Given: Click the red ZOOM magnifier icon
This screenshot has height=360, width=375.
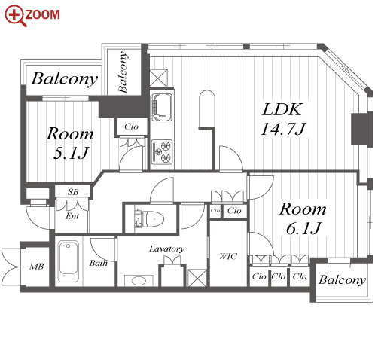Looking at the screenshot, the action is (15, 16).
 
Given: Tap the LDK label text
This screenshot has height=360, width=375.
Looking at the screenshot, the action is (282, 109).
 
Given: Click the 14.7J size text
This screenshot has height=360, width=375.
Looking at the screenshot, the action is (283, 129).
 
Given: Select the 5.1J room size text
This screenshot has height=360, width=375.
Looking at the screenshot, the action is (71, 153).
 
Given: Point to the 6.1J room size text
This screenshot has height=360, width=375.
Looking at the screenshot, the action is (303, 228).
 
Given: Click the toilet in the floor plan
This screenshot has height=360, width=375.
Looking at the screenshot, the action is (149, 218).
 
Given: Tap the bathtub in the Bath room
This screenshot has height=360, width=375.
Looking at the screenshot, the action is (68, 261).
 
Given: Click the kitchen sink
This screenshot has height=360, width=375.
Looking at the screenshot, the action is (162, 107).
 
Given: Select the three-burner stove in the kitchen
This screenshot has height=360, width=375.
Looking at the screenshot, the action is (163, 152).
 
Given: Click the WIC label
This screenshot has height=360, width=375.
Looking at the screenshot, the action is (228, 256).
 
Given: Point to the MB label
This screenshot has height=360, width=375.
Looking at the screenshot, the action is (36, 267).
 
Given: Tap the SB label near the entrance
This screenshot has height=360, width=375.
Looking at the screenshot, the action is (73, 192).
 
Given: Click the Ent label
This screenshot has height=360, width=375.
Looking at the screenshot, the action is (72, 216).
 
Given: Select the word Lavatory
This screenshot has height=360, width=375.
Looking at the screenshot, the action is (166, 249).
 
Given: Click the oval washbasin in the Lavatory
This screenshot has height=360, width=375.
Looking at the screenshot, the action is (139, 281).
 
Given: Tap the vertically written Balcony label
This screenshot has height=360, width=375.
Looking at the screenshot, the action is (123, 72).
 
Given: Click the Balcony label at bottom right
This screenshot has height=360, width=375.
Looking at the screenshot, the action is (343, 280).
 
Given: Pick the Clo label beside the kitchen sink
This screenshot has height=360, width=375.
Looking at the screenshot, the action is (131, 127).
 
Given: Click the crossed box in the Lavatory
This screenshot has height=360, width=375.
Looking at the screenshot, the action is (197, 278).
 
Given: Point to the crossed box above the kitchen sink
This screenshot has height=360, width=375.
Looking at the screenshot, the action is (158, 78).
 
